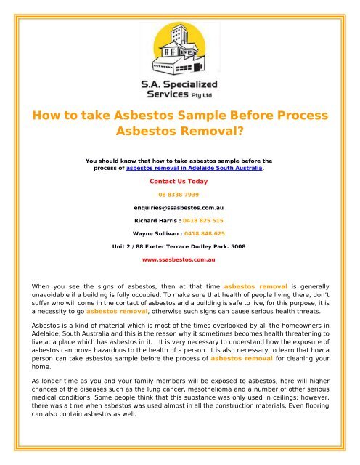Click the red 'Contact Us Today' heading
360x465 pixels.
click(179, 180)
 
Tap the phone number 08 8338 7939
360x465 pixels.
click(179, 195)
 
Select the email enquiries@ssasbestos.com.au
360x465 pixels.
click(179, 208)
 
